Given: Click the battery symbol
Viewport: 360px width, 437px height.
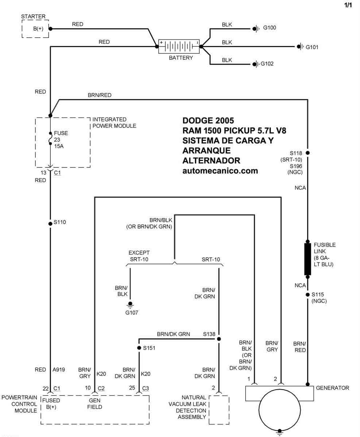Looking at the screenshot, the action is pos(179,46).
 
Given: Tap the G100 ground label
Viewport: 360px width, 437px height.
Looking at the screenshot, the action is pos(269,28).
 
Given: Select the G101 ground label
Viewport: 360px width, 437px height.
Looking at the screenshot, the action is pos(312,47).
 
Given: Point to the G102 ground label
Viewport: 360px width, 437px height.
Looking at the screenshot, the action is pos(267,63).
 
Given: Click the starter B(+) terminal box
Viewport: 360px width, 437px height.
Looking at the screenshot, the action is pos(35,28).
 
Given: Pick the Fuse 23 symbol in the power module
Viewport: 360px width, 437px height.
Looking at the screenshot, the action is pos(50,139).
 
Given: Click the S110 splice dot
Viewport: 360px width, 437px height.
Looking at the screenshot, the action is pos(50,224).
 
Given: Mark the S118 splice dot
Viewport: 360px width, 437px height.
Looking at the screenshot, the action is pos(307,153).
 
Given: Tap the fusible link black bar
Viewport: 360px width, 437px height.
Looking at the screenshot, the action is pos(307,259).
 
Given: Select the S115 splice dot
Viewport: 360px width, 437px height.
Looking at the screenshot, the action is pos(307,295).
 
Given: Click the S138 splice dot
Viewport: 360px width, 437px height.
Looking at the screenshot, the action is pos(219,339).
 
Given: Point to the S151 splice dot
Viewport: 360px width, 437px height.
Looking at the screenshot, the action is pos(139,348).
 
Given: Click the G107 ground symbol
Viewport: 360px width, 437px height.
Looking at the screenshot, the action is pos(130,305).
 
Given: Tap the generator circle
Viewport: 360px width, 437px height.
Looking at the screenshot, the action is pos(280,410).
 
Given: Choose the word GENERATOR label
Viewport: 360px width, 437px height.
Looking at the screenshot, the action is pos(332,388).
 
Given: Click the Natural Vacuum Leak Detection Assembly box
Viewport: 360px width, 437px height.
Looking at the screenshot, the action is pos(219,410).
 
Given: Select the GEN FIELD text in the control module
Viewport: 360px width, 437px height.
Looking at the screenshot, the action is pos(95,403).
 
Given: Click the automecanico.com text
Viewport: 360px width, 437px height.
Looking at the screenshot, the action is pos(220,171).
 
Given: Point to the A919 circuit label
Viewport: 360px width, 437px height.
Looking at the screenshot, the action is pos(58,370).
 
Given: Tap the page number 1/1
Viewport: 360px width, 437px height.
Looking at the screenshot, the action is pos(348,5).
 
